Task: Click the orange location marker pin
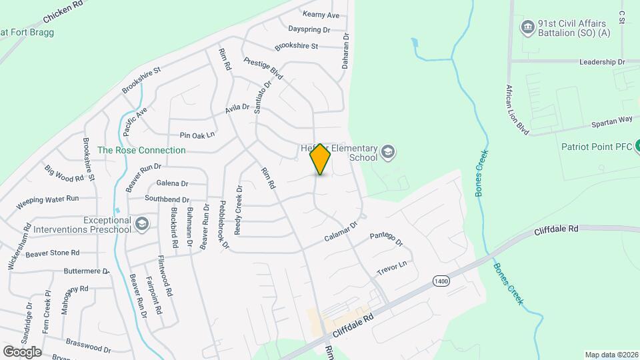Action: pos(321,159)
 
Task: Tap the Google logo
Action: pos(22,351)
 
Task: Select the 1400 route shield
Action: pos(440,281)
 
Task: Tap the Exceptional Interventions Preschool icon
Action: pos(141,225)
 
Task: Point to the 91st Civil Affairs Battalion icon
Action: pos(527,27)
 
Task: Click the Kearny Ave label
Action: pos(321,15)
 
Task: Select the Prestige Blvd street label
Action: pos(263,68)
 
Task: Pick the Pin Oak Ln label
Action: pos(193,135)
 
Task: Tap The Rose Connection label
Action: pos(141,150)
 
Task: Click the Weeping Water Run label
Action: pos(47,199)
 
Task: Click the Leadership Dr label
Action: pos(603,61)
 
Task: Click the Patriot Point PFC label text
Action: pos(594,147)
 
